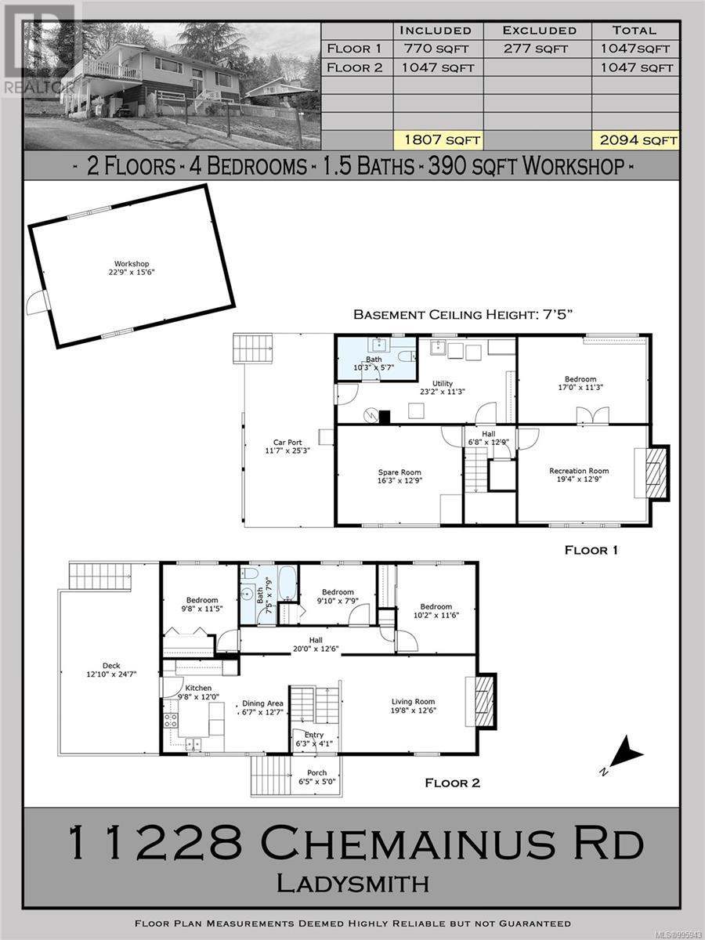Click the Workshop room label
131,269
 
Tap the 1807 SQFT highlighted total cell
438,140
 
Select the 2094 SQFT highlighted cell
634,140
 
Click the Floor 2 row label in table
355,67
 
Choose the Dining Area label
262,708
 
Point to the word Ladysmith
352,884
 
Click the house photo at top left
172,86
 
